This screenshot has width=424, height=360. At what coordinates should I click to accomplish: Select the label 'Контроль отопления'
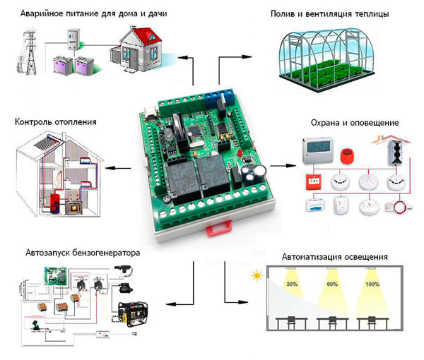pyautogui.click(x=55, y=122)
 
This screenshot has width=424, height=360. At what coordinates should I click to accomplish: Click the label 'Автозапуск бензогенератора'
pyautogui.click(x=73, y=252)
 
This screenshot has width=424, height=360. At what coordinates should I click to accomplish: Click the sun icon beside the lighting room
pyautogui.click(x=251, y=273)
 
